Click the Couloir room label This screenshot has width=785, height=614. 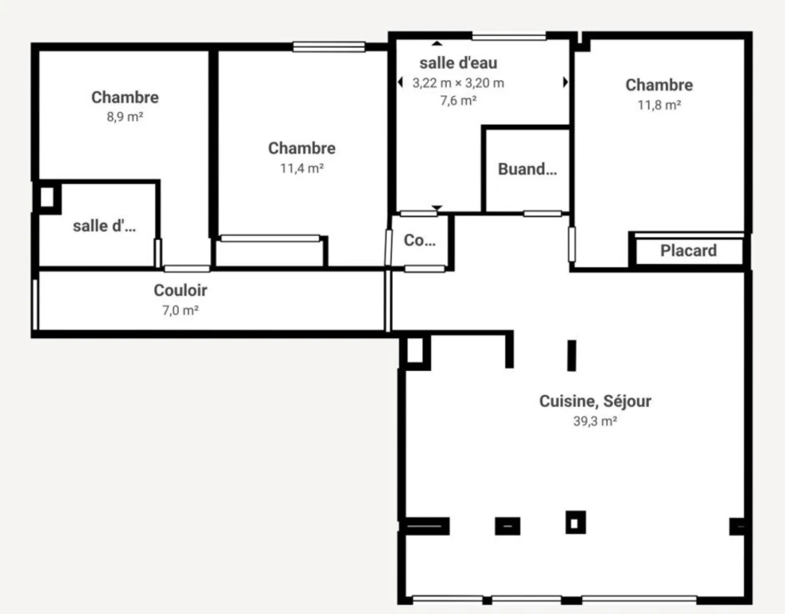[x=180, y=290]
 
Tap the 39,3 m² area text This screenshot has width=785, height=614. [x=595, y=421]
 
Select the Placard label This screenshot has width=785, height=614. [x=688, y=250]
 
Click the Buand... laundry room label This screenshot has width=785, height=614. [x=527, y=169]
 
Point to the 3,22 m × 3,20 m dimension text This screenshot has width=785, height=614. [x=458, y=83]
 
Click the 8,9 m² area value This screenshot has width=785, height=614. [x=126, y=118]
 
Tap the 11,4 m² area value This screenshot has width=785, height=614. [x=302, y=168]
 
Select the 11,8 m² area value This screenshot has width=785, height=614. [x=659, y=106]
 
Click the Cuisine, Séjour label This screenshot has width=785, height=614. [x=596, y=401]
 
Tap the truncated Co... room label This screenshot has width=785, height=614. [x=420, y=241]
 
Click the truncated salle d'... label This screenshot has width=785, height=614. [x=104, y=226]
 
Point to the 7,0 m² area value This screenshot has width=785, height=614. [x=180, y=310]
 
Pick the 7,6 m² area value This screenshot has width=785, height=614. [x=458, y=101]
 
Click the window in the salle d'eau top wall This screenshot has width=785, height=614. [x=508, y=37]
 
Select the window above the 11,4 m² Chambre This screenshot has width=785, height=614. [x=329, y=47]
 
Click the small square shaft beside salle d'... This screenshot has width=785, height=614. [x=47, y=197]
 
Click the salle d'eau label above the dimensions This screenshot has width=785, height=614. [x=458, y=63]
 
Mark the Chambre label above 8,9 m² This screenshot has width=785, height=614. [x=126, y=98]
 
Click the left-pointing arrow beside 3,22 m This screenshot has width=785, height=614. [x=400, y=82]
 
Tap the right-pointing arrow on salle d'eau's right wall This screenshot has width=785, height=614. [x=566, y=82]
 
